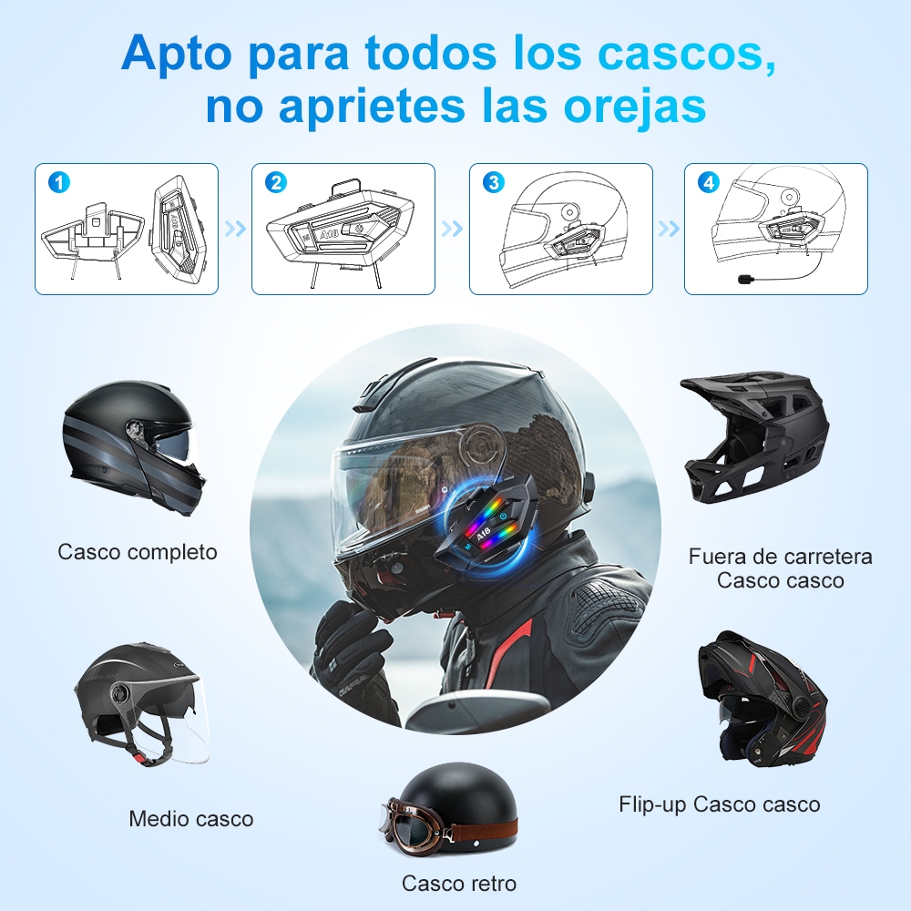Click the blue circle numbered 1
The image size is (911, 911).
(x=58, y=182)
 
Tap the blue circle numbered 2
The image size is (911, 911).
(x=276, y=182)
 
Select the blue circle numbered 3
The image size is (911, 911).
(x=493, y=182)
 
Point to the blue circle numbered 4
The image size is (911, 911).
(x=709, y=182)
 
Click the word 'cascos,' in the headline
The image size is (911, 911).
(x=687, y=54)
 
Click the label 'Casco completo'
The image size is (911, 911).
(x=138, y=552)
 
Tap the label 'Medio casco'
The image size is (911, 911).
(x=191, y=819)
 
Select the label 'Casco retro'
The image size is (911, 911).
(x=459, y=883)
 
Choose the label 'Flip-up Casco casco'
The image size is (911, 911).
(x=720, y=804)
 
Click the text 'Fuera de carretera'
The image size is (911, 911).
(x=781, y=557)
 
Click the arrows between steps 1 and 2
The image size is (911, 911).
(x=235, y=229)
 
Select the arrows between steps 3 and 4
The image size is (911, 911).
(x=669, y=229)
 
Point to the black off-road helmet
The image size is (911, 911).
(x=755, y=439)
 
